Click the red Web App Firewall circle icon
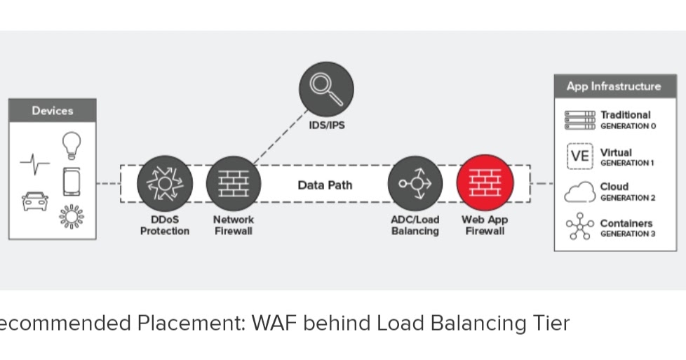pyautogui.click(x=485, y=183)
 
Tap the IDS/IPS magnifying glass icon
pyautogui.click(x=326, y=88)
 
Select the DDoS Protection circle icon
pyautogui.click(x=164, y=183)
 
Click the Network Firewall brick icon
pyautogui.click(x=233, y=183)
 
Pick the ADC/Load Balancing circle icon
pyautogui.click(x=415, y=183)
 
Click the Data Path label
pyautogui.click(x=325, y=185)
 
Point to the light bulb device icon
pyautogui.click(x=71, y=145)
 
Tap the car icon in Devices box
pyautogui.click(x=35, y=201)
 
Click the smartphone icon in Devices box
pyautogui.click(x=71, y=182)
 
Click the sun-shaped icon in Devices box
pyautogui.click(x=71, y=217)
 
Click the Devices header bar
pyautogui.click(x=52, y=111)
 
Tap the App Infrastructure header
pyautogui.click(x=614, y=86)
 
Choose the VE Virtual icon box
pyautogui.click(x=579, y=156)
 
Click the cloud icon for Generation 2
pyautogui.click(x=579, y=192)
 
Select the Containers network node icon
pyautogui.click(x=579, y=227)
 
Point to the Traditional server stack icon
pyautogui.click(x=579, y=120)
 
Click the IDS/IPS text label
pyautogui.click(x=326, y=126)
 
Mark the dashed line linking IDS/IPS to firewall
pyautogui.click(x=280, y=136)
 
